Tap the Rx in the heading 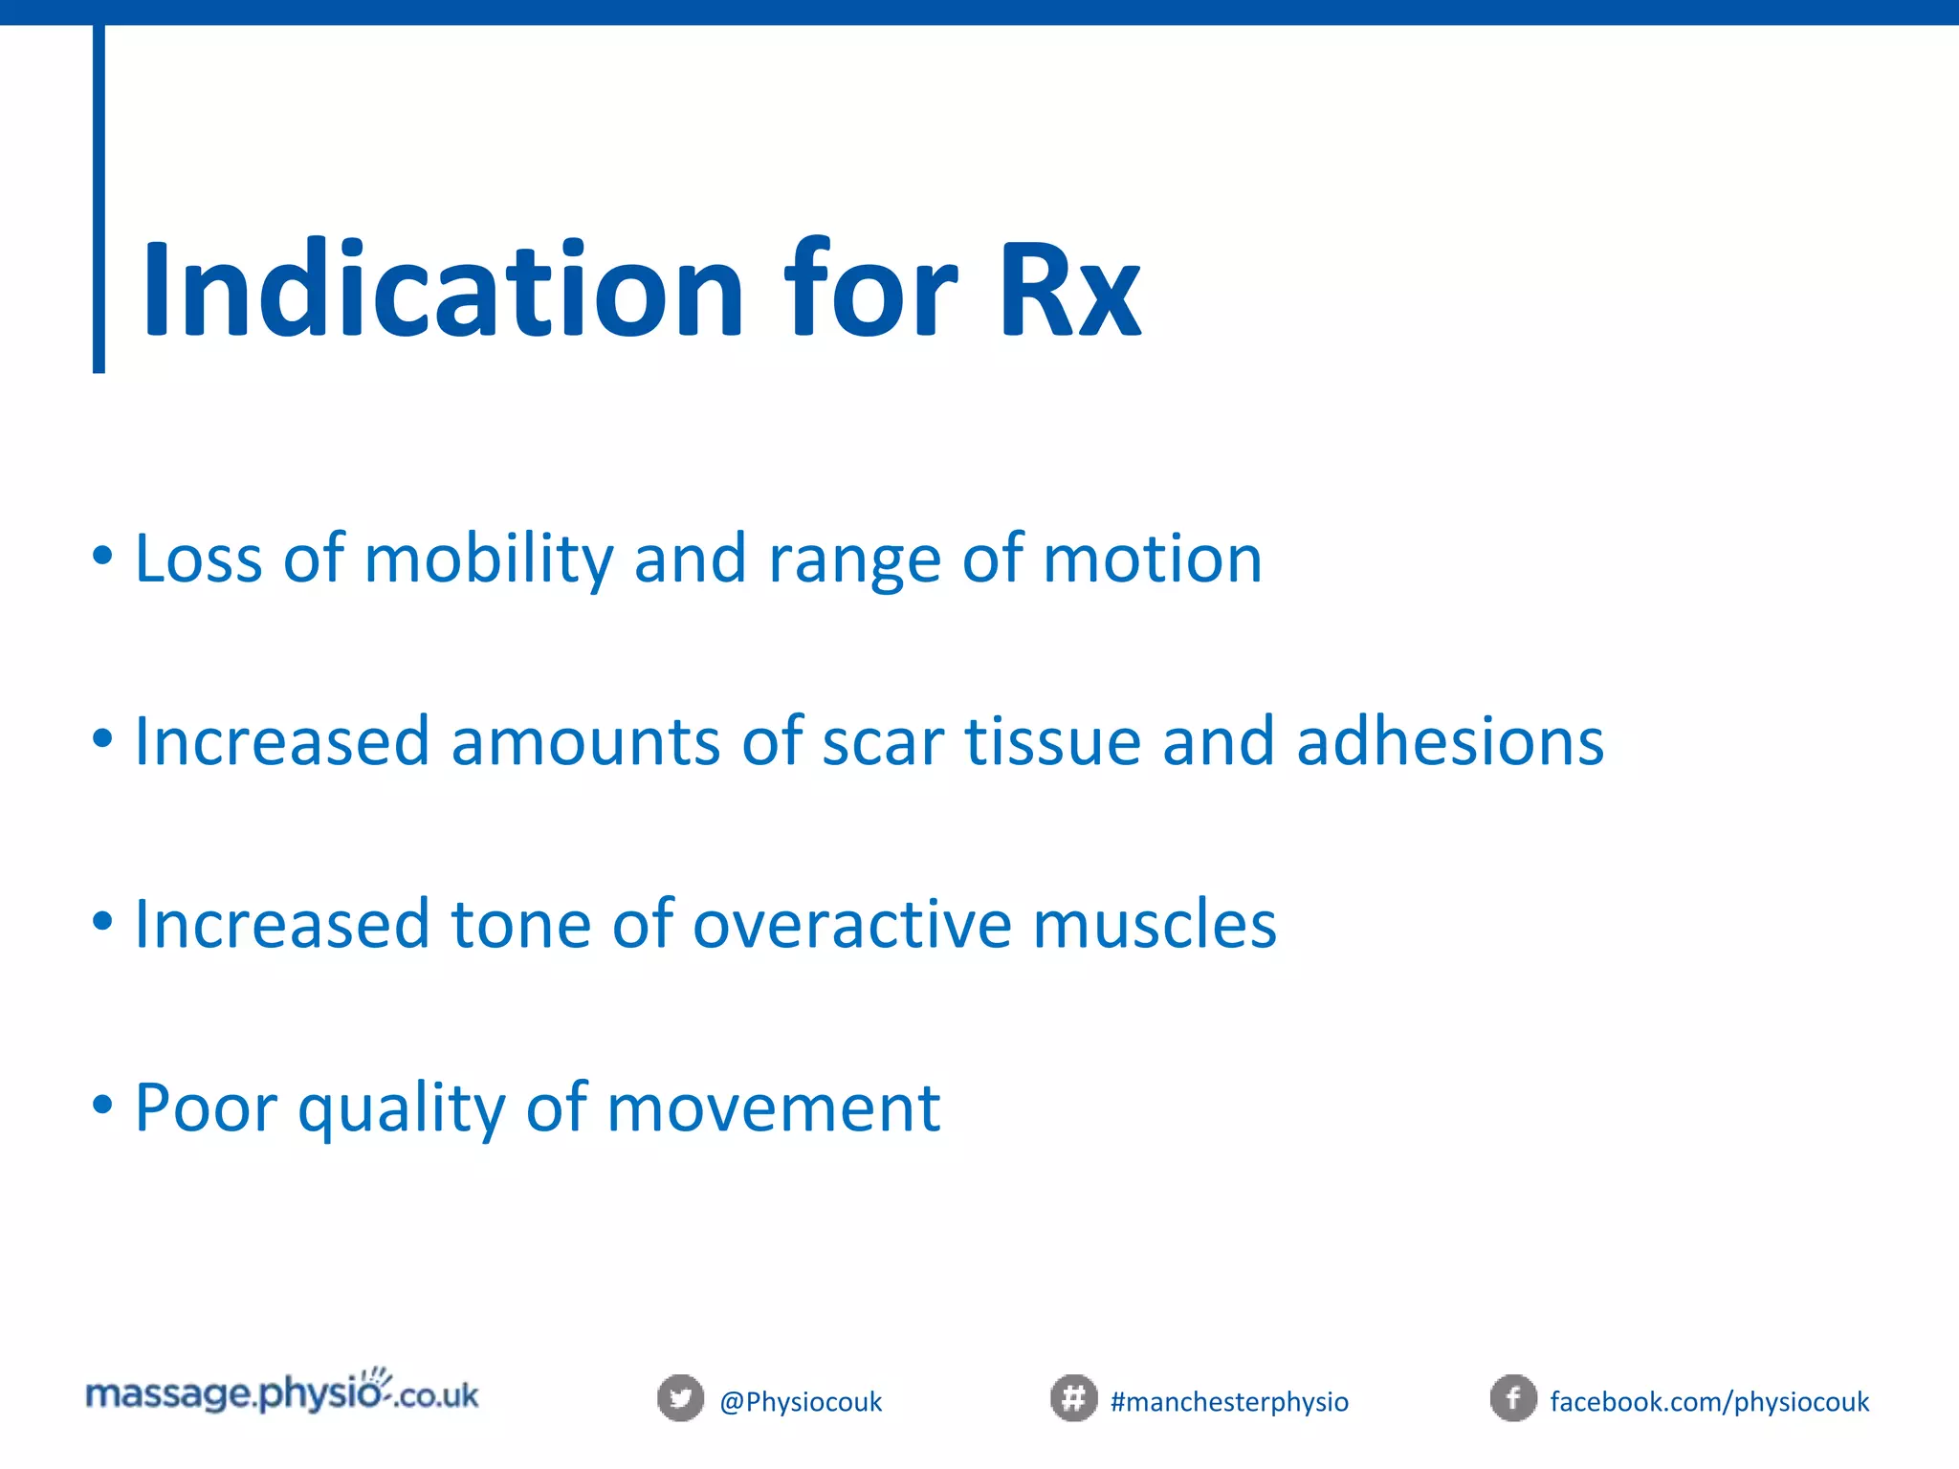pyautogui.click(x=1069, y=290)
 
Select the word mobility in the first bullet pyautogui.click(x=488, y=559)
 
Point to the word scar pyautogui.click(x=882, y=742)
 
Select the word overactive pyautogui.click(x=851, y=926)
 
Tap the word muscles pyautogui.click(x=1155, y=926)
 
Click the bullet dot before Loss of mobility pyautogui.click(x=102, y=556)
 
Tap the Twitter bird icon pyautogui.click(x=680, y=1398)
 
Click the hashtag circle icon pyautogui.click(x=1073, y=1398)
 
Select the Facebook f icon pyautogui.click(x=1513, y=1398)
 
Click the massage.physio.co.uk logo pyautogui.click(x=282, y=1393)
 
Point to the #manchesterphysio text pyautogui.click(x=1229, y=1402)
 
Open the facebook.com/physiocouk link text pyautogui.click(x=1708, y=1402)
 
